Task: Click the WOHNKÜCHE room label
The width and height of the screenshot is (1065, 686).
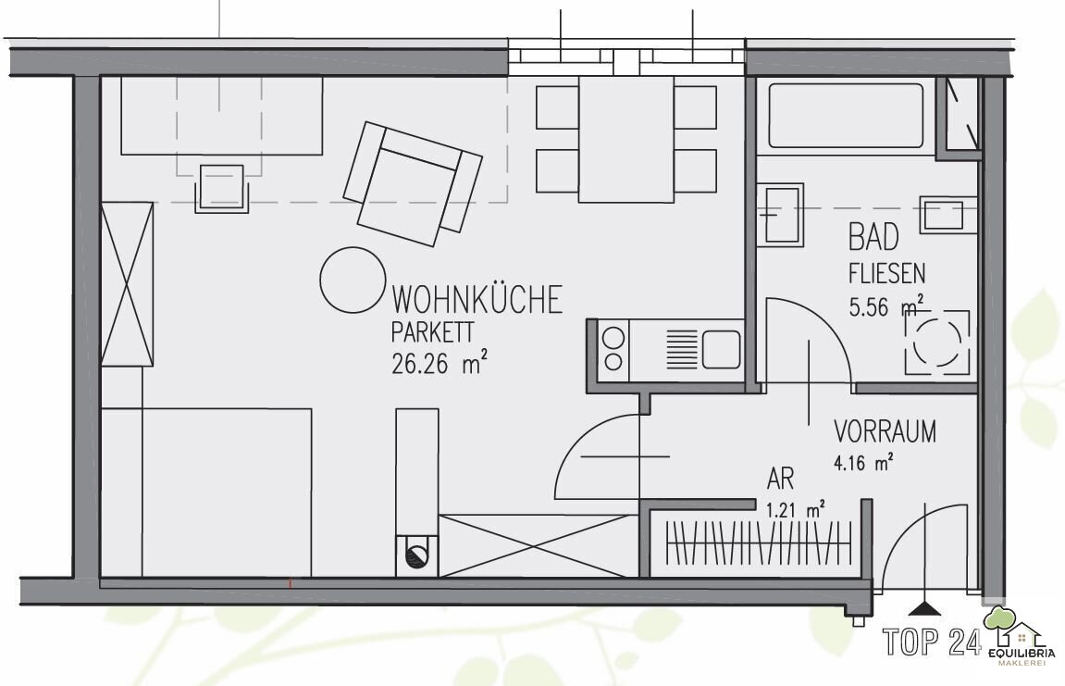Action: click(x=477, y=299)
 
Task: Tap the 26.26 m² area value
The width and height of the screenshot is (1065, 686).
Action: click(x=440, y=363)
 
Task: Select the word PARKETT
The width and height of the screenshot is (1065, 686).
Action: click(x=432, y=332)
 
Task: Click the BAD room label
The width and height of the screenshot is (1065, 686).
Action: click(x=873, y=237)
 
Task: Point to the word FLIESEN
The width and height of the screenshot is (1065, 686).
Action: click(x=886, y=273)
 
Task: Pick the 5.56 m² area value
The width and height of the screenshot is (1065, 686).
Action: click(x=885, y=306)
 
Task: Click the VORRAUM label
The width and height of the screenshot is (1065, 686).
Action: click(x=885, y=431)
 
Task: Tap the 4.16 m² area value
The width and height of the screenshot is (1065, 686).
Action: click(x=862, y=464)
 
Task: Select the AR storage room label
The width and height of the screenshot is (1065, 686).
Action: click(x=780, y=480)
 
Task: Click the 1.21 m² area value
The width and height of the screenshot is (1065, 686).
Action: click(x=796, y=509)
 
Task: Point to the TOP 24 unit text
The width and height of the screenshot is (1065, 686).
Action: click(x=932, y=642)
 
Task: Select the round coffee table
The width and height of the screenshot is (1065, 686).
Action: click(x=352, y=280)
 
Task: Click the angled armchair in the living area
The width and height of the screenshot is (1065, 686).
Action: click(x=413, y=183)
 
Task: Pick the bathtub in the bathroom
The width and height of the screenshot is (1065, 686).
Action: click(x=846, y=116)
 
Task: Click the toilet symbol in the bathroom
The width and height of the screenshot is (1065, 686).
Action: click(x=936, y=343)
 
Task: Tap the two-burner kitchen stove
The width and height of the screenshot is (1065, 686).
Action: click(x=613, y=349)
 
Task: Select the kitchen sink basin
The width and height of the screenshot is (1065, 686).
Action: click(x=721, y=349)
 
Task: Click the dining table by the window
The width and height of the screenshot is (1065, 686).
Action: click(x=626, y=140)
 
